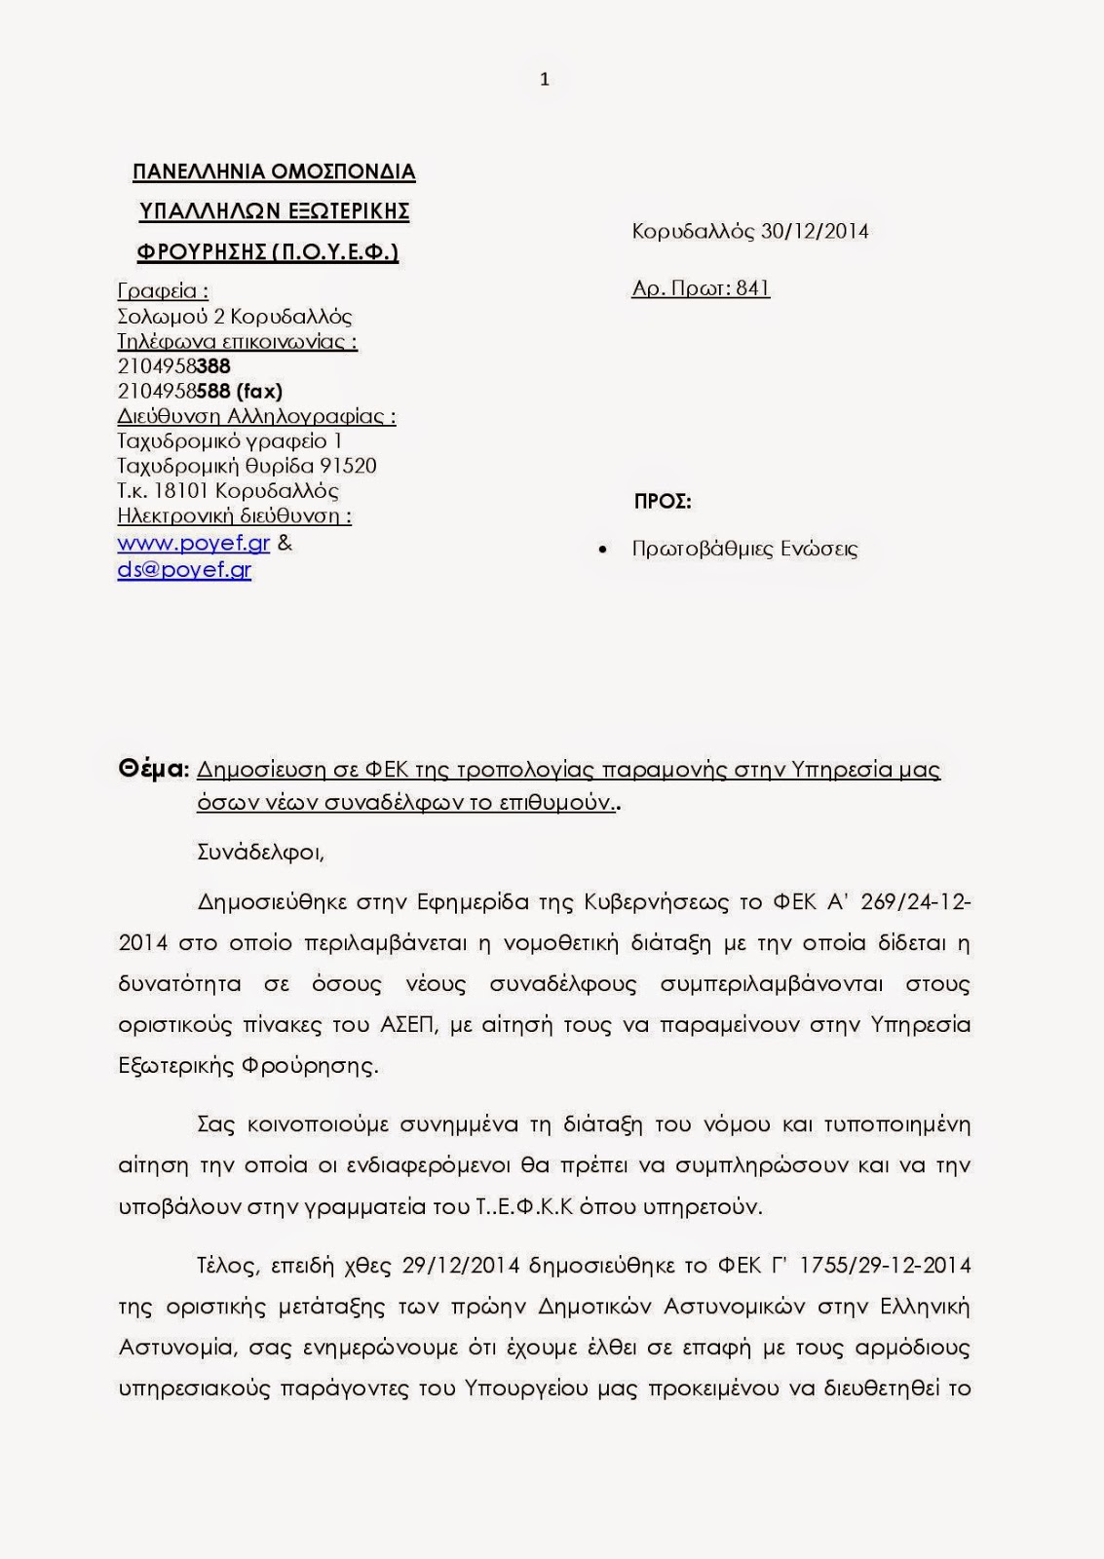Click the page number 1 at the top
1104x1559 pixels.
click(545, 80)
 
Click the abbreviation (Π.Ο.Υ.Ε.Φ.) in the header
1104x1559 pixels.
click(334, 251)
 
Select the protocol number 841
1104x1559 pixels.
click(753, 287)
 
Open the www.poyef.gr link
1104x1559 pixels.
click(193, 543)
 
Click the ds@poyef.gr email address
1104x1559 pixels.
click(184, 569)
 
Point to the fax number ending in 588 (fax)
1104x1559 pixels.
click(200, 391)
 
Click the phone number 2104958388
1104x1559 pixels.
click(173, 365)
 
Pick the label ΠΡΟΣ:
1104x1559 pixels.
click(663, 502)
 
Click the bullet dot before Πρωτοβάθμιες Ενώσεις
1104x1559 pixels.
click(605, 550)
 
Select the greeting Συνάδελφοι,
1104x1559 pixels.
click(260, 852)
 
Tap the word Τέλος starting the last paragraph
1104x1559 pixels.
click(228, 1265)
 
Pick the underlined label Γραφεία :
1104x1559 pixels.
click(163, 290)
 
